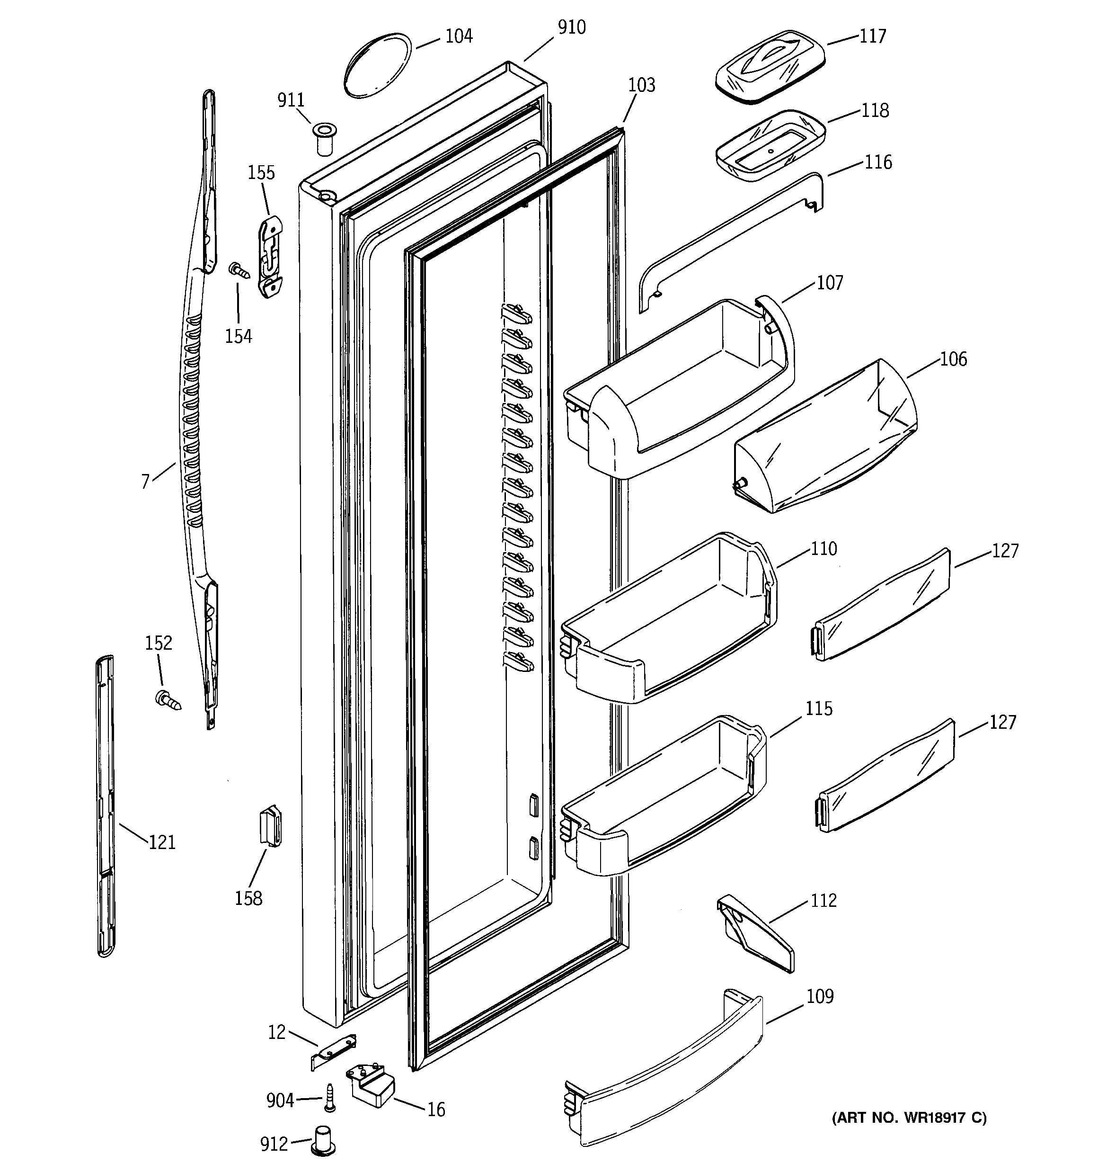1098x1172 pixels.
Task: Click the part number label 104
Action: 458,36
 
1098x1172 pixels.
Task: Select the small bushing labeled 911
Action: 323,138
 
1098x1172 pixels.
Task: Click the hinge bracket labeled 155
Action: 271,257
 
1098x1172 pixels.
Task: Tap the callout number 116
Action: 877,162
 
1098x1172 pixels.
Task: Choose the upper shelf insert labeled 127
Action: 882,604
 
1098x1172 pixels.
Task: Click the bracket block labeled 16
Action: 372,1087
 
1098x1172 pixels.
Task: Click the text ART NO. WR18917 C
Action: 908,1117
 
